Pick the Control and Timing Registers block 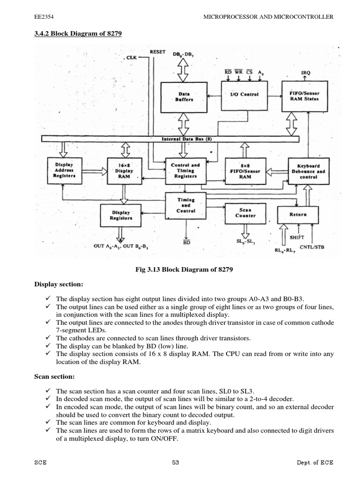pyautogui.click(x=185, y=171)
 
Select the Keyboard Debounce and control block pyautogui.click(x=308, y=172)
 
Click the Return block pyautogui.click(x=298, y=214)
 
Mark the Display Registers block pyautogui.click(x=121, y=215)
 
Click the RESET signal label pyautogui.click(x=157, y=52)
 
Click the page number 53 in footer pyautogui.click(x=176, y=462)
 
